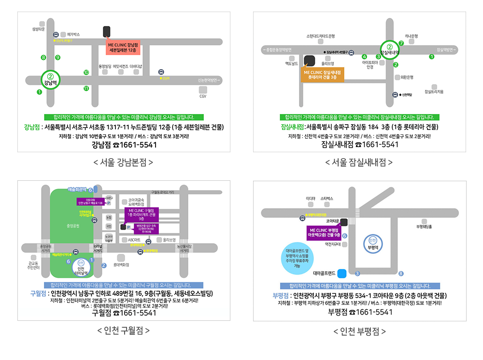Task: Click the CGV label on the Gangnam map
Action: tap(203, 96)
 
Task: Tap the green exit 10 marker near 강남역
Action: tap(86, 73)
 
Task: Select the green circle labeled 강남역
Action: tap(50, 79)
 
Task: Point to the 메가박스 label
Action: tap(73, 34)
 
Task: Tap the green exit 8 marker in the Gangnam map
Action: tap(43, 58)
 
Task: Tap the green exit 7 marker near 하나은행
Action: tap(401, 43)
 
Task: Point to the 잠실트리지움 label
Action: tap(434, 91)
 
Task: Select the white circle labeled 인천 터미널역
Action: tap(81, 267)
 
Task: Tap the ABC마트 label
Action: tap(134, 240)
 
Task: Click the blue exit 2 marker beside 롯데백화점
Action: tap(103, 265)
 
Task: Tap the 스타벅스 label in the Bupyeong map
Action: tap(327, 199)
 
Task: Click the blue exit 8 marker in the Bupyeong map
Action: tap(401, 274)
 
